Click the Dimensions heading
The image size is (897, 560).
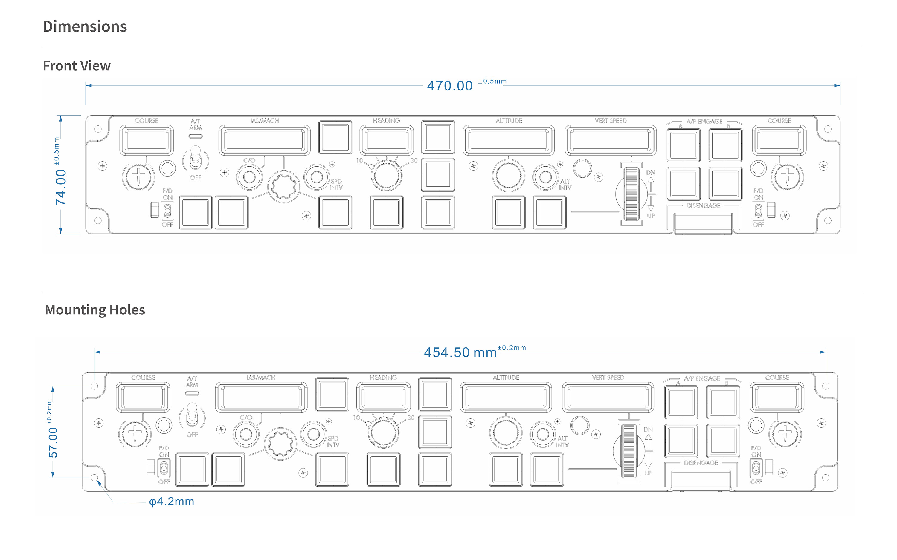(x=85, y=27)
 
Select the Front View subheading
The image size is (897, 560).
(x=77, y=66)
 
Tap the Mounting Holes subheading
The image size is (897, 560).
(x=95, y=310)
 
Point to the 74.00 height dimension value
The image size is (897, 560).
(x=61, y=187)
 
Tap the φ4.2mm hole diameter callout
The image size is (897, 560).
(x=172, y=501)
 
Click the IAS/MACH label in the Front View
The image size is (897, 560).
(x=264, y=121)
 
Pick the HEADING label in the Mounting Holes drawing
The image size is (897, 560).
(x=383, y=378)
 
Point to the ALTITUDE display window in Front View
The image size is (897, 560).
(x=509, y=140)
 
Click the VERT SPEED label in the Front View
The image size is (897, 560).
(x=611, y=121)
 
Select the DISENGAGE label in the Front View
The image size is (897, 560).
(x=703, y=205)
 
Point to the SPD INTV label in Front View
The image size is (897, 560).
(x=336, y=185)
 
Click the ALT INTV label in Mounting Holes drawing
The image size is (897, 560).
(x=562, y=442)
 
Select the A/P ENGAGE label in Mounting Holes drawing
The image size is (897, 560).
(x=702, y=378)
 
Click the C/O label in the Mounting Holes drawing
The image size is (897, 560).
(x=246, y=418)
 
